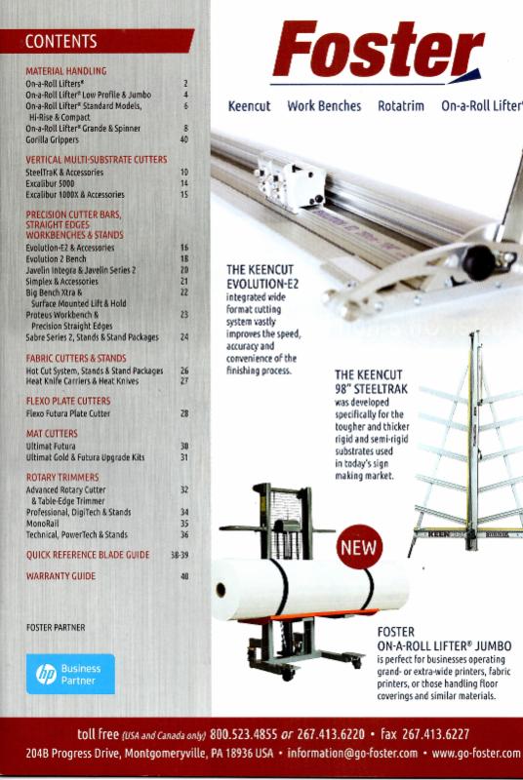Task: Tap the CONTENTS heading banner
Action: tap(98, 41)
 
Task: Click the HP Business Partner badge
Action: tap(70, 674)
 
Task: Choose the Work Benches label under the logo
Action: tap(324, 106)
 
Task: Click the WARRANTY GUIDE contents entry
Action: tap(60, 576)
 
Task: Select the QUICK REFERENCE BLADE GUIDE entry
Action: tap(88, 555)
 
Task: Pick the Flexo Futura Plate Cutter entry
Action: tap(68, 413)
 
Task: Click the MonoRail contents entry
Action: tap(44, 524)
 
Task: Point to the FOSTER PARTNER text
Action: tap(56, 627)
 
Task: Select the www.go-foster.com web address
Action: tap(476, 754)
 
